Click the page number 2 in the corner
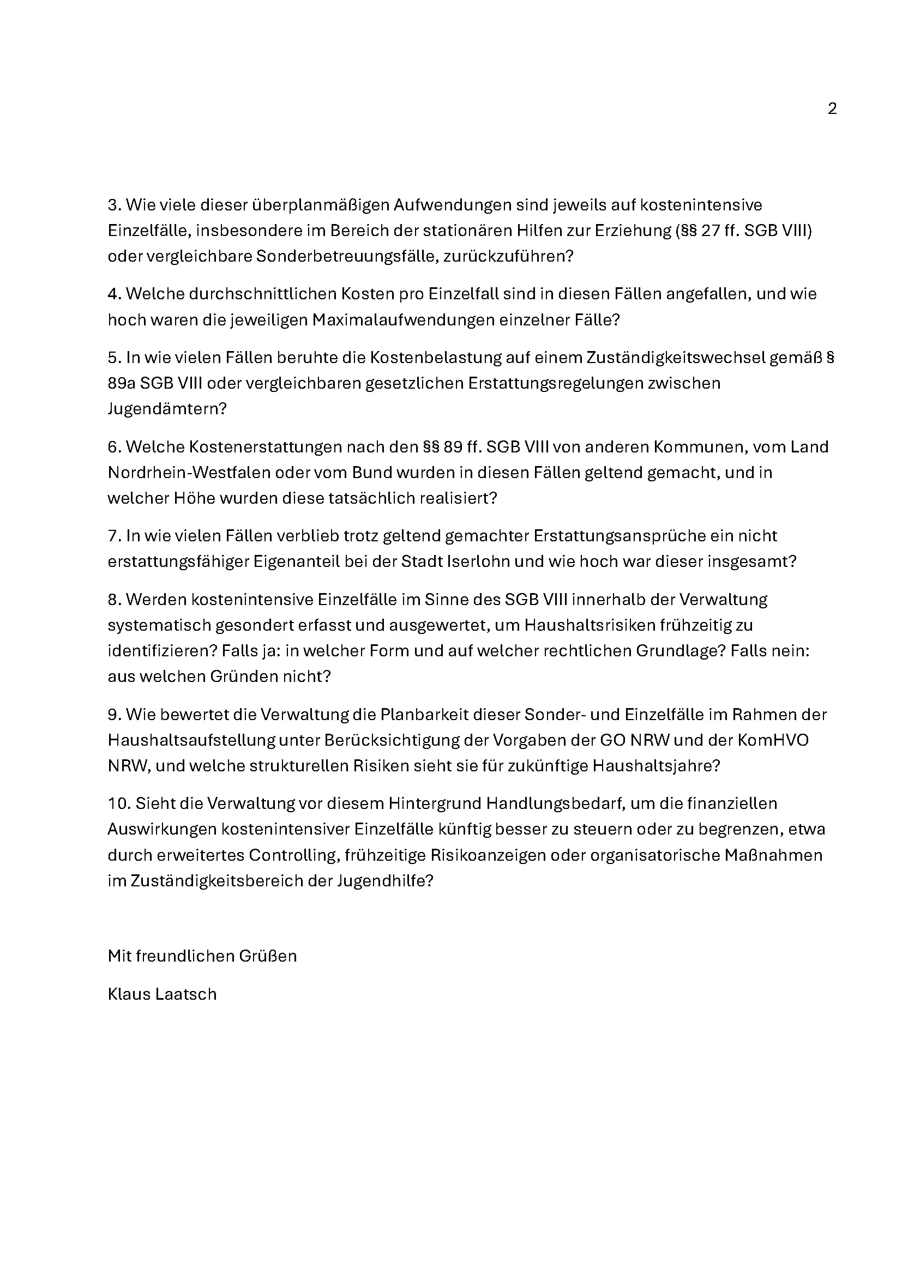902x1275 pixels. [x=832, y=109]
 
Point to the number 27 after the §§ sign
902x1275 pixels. [x=711, y=231]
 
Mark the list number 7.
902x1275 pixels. [x=113, y=536]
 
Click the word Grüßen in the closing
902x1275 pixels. [x=268, y=956]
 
